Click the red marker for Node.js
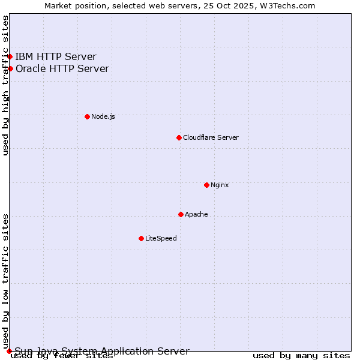click(87, 116)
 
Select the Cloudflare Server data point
click(179, 137)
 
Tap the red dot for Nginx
click(206, 185)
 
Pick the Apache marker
click(181, 214)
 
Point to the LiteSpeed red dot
click(141, 238)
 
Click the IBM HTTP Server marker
click(10, 57)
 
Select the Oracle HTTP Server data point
click(10, 68)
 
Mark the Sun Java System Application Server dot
click(9, 351)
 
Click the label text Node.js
click(103, 116)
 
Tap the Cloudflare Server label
click(211, 137)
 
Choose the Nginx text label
click(220, 185)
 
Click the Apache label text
click(196, 214)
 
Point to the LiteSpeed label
click(161, 238)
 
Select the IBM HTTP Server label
click(56, 57)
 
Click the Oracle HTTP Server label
click(62, 68)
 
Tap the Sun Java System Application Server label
click(102, 352)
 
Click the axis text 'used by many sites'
click(301, 356)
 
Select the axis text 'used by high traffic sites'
click(5, 85)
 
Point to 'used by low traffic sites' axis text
click(5, 281)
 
